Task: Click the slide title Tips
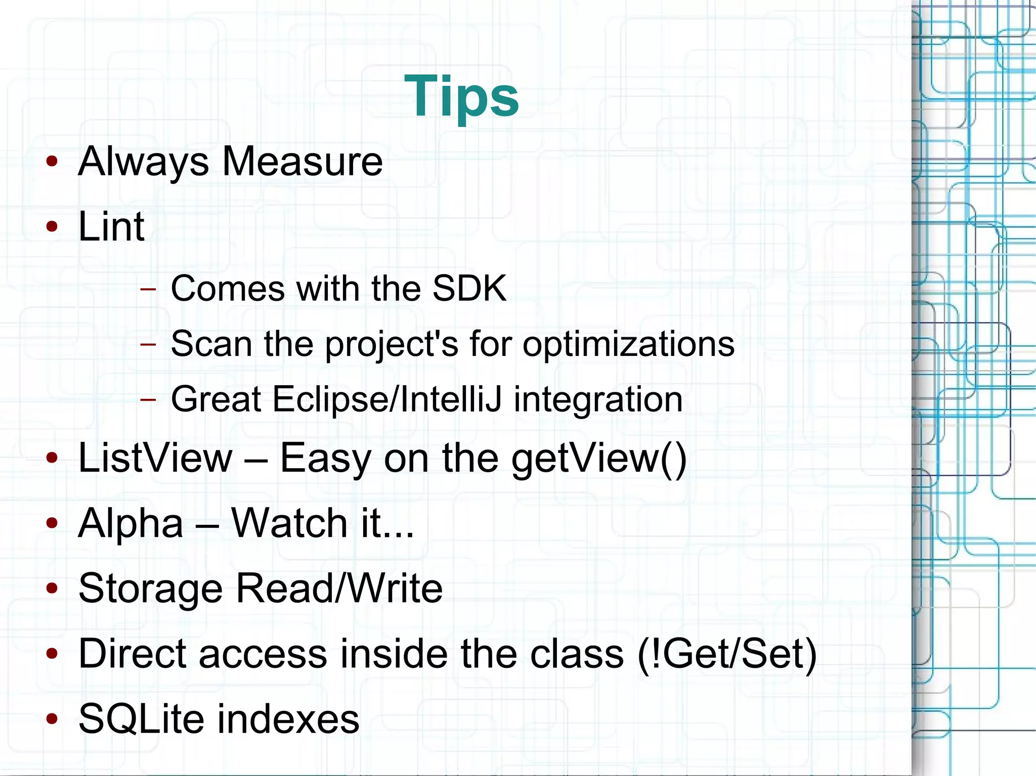pos(461,96)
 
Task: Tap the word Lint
pos(111,226)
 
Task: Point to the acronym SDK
pos(469,288)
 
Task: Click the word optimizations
pos(628,344)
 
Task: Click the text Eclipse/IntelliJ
pos(387,399)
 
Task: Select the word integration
pos(598,399)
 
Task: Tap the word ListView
pos(155,458)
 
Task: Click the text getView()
pos(599,458)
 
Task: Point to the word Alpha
pos(131,523)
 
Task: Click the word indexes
pos(288,718)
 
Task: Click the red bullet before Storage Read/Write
pos(52,588)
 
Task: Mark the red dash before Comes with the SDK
pos(148,289)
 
